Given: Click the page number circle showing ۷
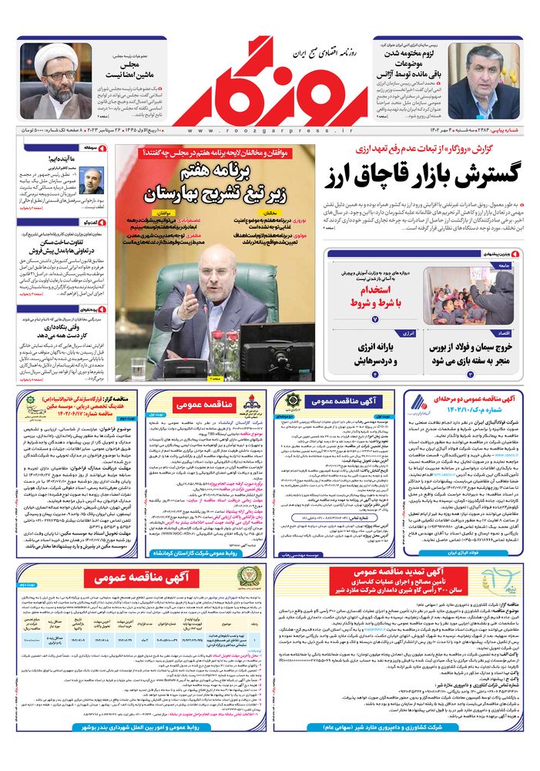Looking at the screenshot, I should pyautogui.click(x=375, y=318).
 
